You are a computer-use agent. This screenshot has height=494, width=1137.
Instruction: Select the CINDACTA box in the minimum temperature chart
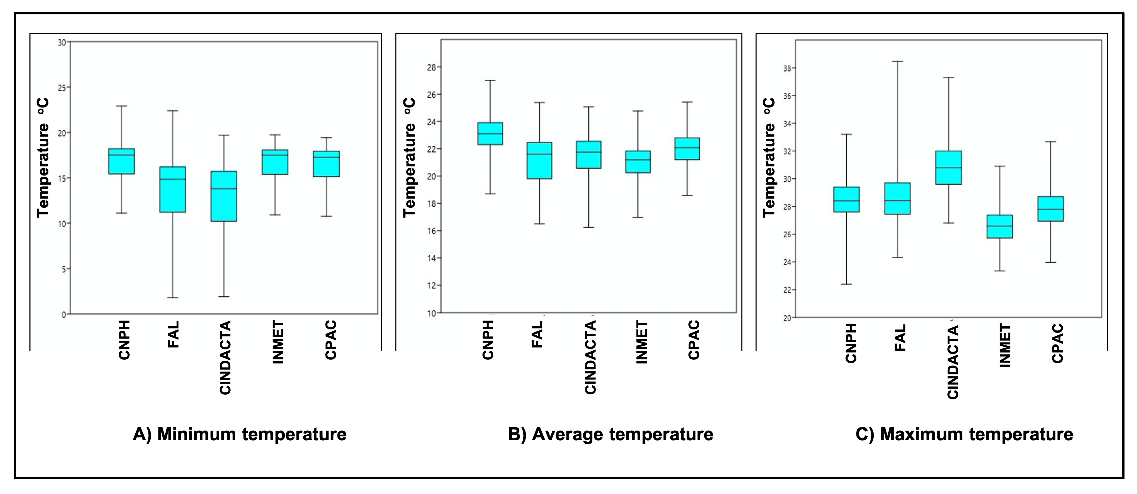[224, 196]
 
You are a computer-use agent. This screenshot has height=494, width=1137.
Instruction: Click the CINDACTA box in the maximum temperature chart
[949, 168]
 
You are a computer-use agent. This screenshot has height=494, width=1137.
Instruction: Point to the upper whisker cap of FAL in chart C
[898, 62]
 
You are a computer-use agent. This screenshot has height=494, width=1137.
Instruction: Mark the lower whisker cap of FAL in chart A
[172, 297]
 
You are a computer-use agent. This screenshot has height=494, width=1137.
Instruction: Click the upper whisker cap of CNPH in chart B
[490, 80]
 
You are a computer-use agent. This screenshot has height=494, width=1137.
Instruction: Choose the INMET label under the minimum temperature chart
[278, 343]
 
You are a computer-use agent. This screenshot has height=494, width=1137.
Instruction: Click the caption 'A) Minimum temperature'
[240, 434]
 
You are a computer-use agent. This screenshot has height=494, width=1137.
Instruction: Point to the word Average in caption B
[568, 434]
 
